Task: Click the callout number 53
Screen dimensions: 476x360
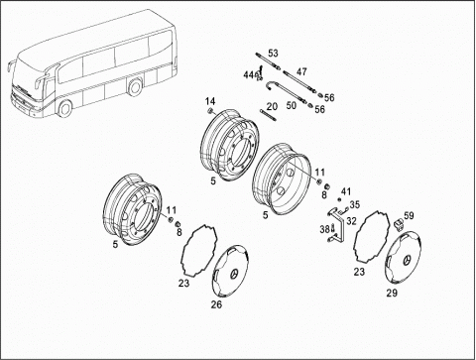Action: point(273,53)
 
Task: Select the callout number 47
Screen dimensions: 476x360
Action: point(301,71)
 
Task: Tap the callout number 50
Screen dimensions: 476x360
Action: point(291,105)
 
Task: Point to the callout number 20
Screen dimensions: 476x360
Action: point(272,106)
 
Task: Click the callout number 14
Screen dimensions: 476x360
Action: point(210,101)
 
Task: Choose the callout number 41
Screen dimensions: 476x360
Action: point(346,191)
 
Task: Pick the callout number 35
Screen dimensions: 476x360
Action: point(354,204)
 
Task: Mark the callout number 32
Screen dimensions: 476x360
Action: point(352,221)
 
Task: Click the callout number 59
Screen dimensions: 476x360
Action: point(409,216)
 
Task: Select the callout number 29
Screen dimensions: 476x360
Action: point(392,293)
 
